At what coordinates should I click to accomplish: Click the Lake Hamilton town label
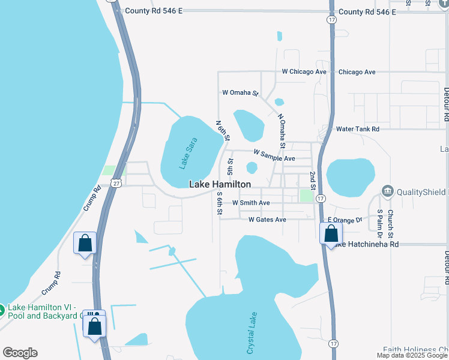click(220, 185)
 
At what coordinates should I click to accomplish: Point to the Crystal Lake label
click(252, 333)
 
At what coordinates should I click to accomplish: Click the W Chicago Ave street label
click(304, 72)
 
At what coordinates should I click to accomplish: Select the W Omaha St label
click(240, 93)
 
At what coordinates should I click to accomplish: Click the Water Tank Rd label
click(358, 129)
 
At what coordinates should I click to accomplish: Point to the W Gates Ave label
click(267, 220)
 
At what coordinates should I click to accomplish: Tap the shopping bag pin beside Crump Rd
click(85, 244)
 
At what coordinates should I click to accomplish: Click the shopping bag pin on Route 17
click(331, 233)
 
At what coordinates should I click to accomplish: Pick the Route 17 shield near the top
click(331, 20)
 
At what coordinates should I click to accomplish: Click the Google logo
click(20, 353)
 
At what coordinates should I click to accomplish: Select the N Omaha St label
click(281, 131)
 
